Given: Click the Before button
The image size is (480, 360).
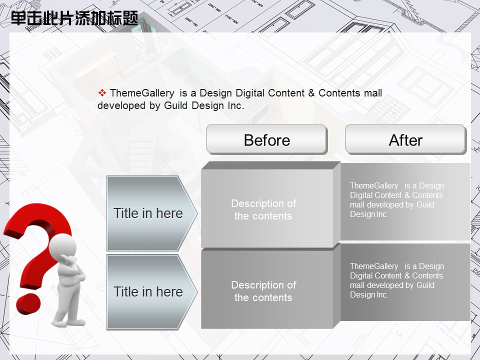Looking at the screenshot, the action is (267, 139).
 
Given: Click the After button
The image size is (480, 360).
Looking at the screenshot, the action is (405, 139).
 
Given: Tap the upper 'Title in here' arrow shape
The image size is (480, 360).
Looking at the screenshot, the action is (152, 213).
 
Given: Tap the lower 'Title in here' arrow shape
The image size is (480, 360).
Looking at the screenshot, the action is (152, 291).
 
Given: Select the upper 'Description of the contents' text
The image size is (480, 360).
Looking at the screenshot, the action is (263, 209).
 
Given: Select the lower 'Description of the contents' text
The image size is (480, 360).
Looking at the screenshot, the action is (263, 291).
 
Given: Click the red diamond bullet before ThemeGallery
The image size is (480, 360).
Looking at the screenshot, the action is (102, 92).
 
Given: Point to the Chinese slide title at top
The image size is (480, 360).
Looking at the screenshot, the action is (74, 18).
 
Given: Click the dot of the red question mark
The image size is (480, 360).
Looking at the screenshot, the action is (28, 303).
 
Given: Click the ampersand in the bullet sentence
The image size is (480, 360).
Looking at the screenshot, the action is (311, 93).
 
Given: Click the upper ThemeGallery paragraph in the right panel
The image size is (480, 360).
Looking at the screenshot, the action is (396, 200).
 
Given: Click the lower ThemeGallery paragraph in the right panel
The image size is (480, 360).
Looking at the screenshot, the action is (396, 280).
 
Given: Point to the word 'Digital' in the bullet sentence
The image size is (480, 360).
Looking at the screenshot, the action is (250, 93).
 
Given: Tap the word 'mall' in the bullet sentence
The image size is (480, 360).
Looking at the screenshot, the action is (373, 93).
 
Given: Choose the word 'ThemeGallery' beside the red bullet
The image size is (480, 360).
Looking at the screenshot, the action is (142, 93).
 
